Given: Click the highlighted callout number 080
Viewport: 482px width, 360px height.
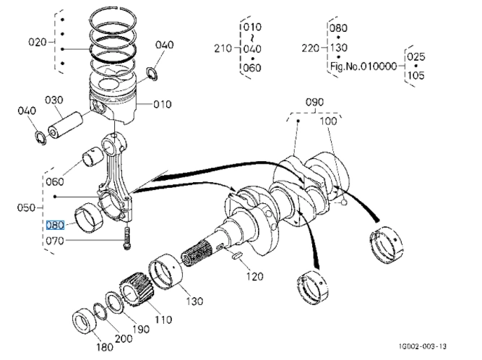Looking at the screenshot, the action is click(55, 226).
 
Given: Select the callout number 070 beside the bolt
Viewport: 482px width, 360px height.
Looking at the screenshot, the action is click(55, 241).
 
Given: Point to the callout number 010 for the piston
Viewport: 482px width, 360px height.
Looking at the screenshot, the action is click(163, 105).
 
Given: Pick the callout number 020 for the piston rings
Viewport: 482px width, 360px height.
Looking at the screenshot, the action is click(38, 42).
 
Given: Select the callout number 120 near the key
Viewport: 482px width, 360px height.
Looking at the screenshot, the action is click(255, 276).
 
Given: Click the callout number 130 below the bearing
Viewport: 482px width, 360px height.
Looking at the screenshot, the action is click(194, 301).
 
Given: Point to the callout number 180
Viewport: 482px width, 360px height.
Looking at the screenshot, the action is click(105, 348).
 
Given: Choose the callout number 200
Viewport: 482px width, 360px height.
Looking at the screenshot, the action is click(124, 339).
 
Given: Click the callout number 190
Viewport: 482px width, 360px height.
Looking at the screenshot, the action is click(141, 329).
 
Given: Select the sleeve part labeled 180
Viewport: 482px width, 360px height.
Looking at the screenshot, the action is click(84, 322).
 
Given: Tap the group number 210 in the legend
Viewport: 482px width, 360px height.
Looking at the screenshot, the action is click(223, 48).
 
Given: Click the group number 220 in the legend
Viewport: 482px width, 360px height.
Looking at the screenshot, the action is click(311, 48).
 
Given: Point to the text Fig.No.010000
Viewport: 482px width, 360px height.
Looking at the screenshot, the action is click(363, 67).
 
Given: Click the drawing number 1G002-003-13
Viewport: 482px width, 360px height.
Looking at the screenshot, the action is click(422, 346).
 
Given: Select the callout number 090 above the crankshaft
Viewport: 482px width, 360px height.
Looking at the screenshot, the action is click(314, 102).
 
